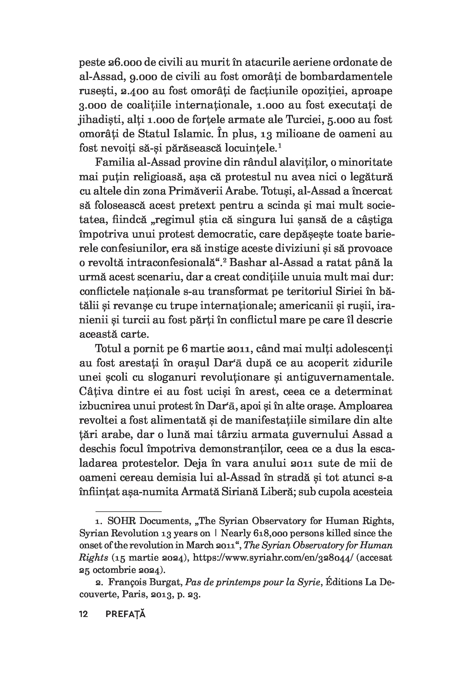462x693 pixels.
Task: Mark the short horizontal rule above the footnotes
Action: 128,511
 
